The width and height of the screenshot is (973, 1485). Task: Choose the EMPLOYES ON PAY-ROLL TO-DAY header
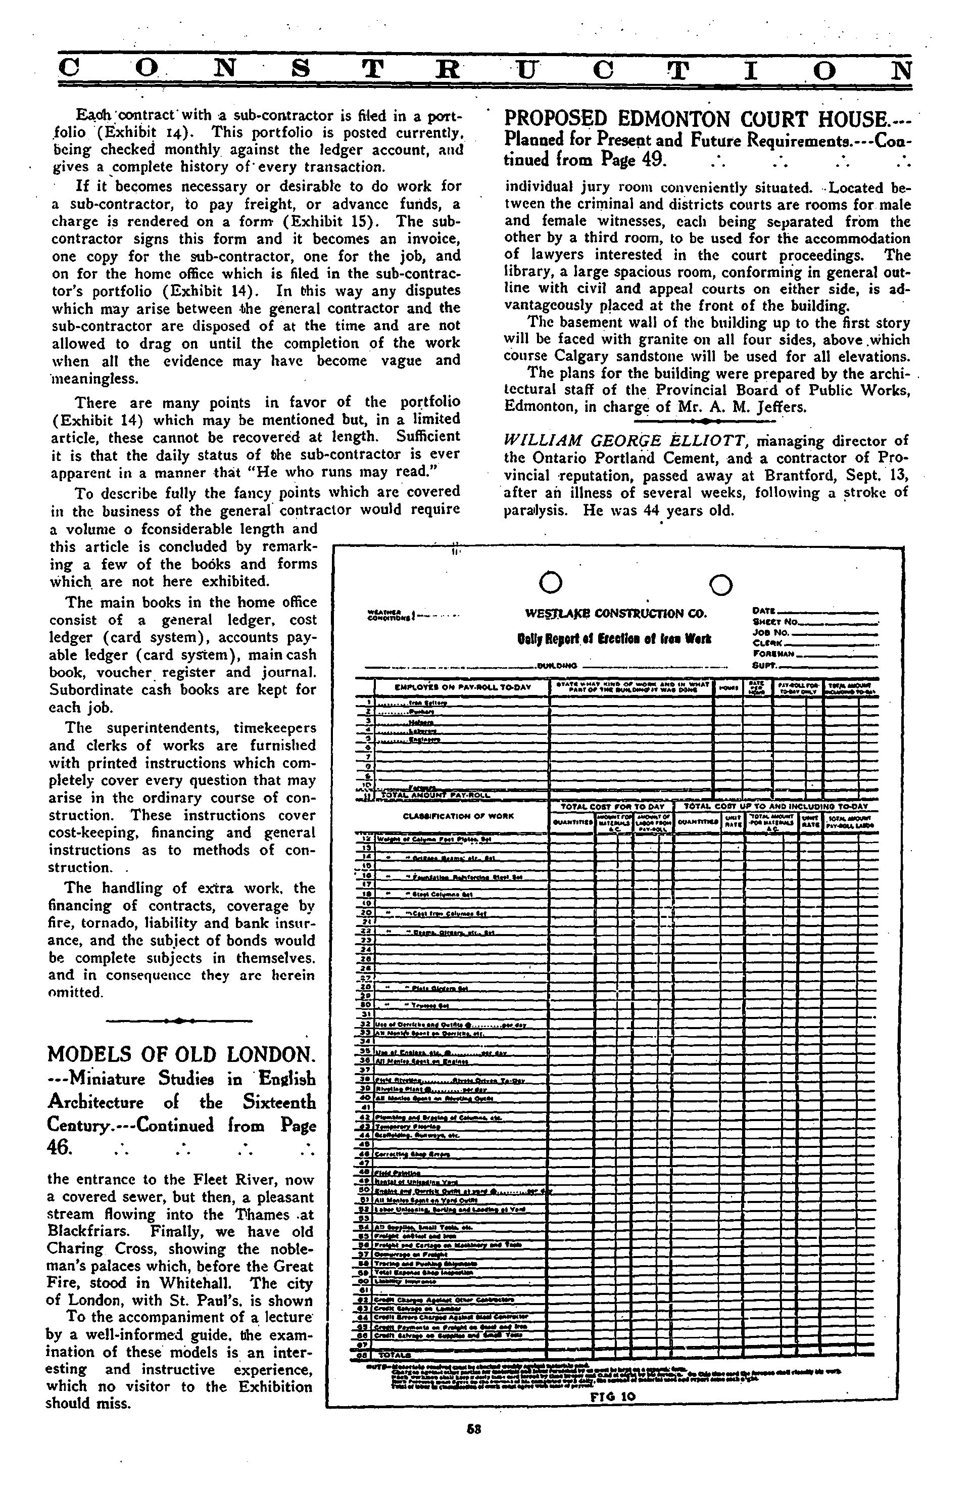462,687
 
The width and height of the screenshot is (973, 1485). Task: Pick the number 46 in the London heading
60,1148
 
